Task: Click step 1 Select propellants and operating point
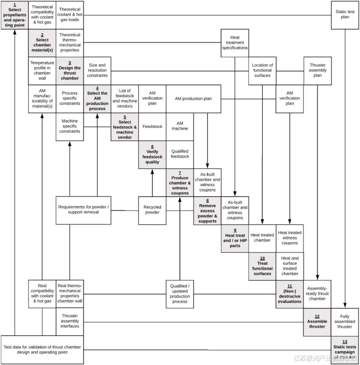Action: pyautogui.click(x=14, y=15)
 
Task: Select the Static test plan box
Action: pyautogui.click(x=345, y=15)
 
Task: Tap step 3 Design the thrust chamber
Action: pyautogui.click(x=70, y=70)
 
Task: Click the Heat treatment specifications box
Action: pyautogui.click(x=235, y=43)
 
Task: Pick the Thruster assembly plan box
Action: pyautogui.click(x=317, y=70)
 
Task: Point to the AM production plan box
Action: pyautogui.click(x=193, y=98)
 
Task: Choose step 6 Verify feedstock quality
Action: pyautogui.click(x=152, y=154)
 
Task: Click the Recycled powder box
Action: pyautogui.click(x=152, y=210)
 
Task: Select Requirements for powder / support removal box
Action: pyautogui.click(x=83, y=210)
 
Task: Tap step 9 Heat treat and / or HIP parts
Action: pyautogui.click(x=235, y=238)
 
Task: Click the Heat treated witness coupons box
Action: pyautogui.click(x=290, y=238)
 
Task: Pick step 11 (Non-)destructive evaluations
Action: pyautogui.click(x=290, y=294)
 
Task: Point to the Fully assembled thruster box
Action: pyautogui.click(x=345, y=322)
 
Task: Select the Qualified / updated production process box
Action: pyautogui.click(x=180, y=294)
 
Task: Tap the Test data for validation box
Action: pyautogui.click(x=42, y=349)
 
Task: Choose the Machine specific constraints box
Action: pyautogui.click(x=70, y=126)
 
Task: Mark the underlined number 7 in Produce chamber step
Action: pyautogui.click(x=180, y=173)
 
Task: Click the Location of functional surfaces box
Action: pyautogui.click(x=262, y=70)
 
